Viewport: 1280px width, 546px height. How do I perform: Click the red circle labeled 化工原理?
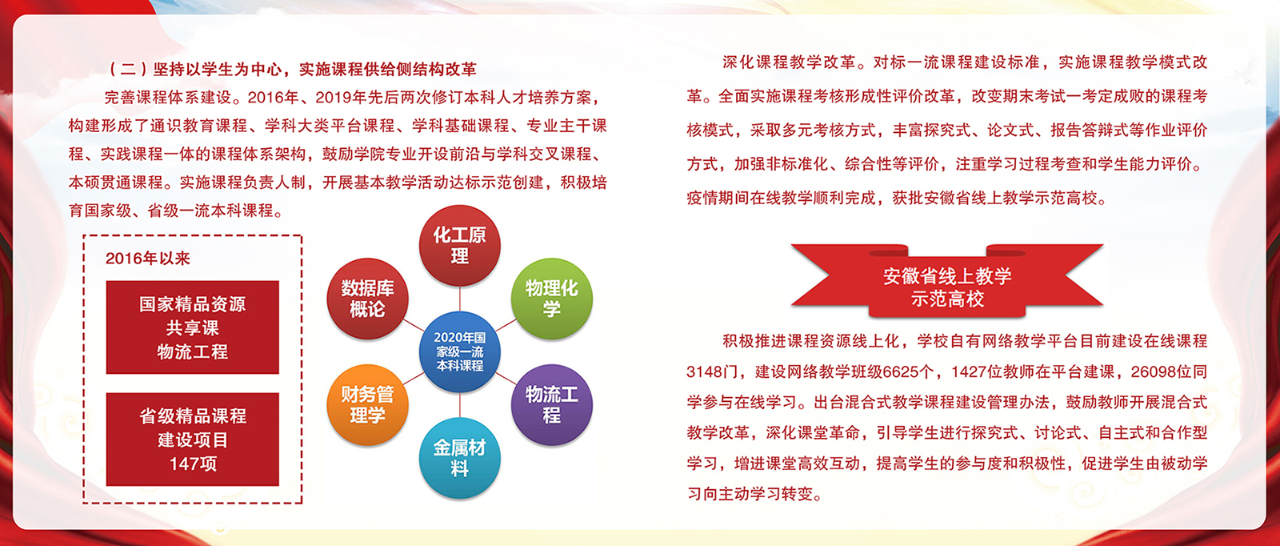click(459, 245)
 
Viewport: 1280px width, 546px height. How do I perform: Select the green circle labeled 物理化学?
click(551, 299)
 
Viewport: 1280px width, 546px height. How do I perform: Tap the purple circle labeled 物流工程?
click(551, 405)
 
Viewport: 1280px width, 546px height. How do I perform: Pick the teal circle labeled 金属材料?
click(459, 458)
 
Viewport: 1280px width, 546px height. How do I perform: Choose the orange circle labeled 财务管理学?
click(367, 405)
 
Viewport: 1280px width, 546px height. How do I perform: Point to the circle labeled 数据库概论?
click(367, 299)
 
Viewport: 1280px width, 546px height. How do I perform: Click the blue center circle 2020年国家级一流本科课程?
click(459, 351)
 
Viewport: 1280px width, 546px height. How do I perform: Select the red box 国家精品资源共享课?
click(193, 327)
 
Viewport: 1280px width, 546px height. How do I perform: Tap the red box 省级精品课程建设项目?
click(193, 439)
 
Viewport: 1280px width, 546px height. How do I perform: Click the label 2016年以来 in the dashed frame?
click(148, 259)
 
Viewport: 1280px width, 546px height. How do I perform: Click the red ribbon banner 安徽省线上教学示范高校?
click(947, 281)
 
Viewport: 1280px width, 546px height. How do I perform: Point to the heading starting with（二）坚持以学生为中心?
click(293, 69)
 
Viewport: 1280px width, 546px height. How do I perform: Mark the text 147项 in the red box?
click(193, 463)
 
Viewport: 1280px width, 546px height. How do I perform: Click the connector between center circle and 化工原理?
click(459, 299)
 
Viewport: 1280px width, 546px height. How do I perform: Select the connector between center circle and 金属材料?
click(459, 405)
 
